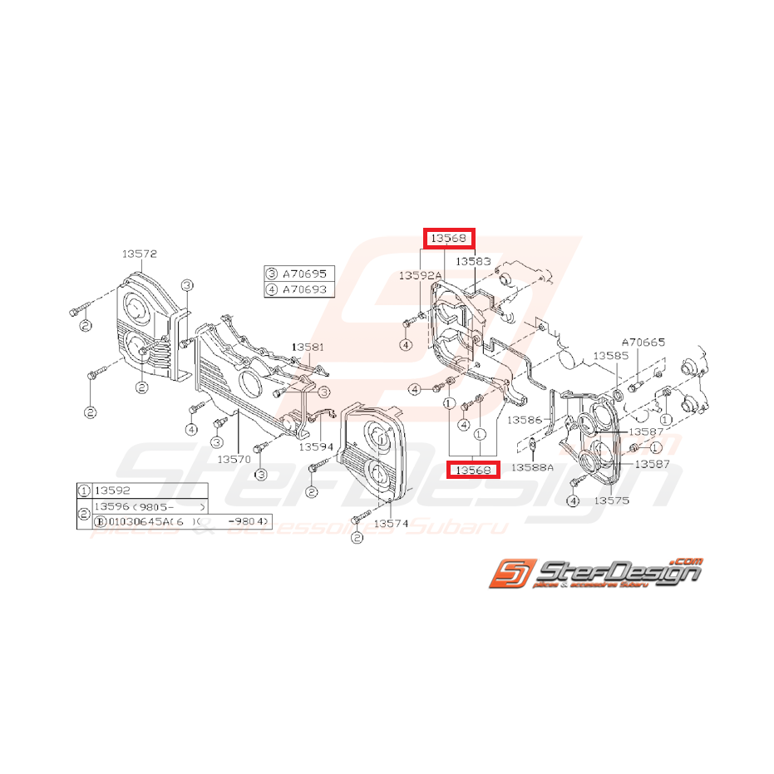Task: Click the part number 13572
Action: (x=140, y=254)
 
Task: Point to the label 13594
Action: (x=316, y=446)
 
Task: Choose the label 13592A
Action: (x=419, y=274)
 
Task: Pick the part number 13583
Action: (x=471, y=261)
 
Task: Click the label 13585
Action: (x=610, y=356)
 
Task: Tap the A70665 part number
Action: (x=643, y=342)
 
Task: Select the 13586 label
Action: (x=525, y=421)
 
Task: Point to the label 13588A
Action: (x=532, y=467)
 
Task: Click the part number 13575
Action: (x=612, y=501)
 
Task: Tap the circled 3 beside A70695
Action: (x=272, y=274)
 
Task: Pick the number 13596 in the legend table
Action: (x=112, y=506)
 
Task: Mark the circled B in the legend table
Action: (x=100, y=522)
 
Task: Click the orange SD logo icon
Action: (x=505, y=574)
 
